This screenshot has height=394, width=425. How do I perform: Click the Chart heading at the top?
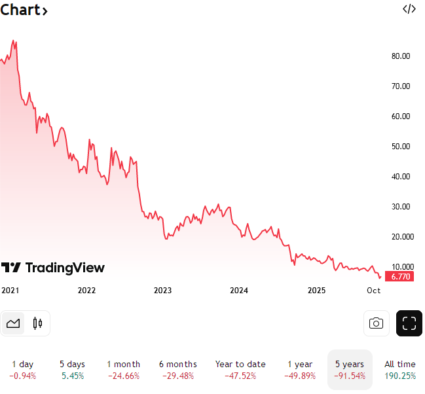[x=24, y=10]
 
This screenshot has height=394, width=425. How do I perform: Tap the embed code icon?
[x=409, y=9]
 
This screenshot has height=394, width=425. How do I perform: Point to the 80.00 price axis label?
[x=401, y=56]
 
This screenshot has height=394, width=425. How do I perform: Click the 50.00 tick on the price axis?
[x=401, y=147]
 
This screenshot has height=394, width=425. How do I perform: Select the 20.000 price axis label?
[x=401, y=237]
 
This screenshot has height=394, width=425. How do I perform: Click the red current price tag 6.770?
[x=401, y=277]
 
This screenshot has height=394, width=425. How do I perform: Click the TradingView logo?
[x=53, y=267]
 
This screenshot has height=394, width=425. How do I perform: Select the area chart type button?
[x=13, y=323]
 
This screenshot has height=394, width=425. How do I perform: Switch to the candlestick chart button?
[x=37, y=323]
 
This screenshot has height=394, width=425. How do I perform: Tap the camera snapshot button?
[x=376, y=323]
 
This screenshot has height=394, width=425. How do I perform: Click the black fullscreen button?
[x=409, y=323]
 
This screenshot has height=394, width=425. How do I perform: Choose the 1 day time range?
[x=23, y=370]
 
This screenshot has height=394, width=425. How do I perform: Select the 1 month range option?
[x=123, y=370]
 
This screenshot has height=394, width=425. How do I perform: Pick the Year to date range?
[x=240, y=370]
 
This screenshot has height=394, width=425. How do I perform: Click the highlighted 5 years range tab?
[x=350, y=370]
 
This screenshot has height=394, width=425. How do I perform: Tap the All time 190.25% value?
[x=399, y=376]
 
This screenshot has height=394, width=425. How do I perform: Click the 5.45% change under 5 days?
[x=73, y=376]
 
